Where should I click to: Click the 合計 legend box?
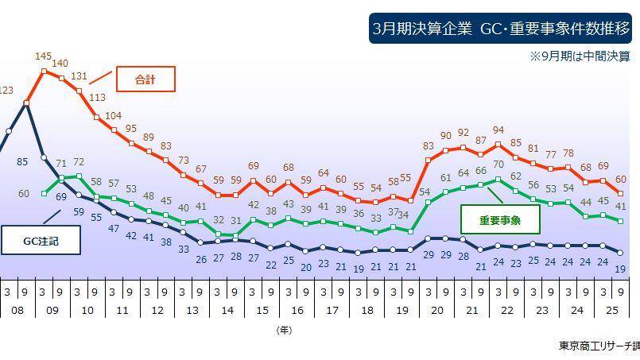[x=145, y=79]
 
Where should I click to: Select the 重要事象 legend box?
[x=500, y=219]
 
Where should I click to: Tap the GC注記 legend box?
[x=41, y=241]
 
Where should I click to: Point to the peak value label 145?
[x=44, y=56]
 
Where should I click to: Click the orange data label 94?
[x=498, y=130]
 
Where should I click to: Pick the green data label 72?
[x=79, y=162]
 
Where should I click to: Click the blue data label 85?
[x=22, y=162]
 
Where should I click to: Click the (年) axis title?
[x=284, y=329]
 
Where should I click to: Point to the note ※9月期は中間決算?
[x=580, y=56]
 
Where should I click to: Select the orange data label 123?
[x=6, y=91]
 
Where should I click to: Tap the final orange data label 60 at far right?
[x=621, y=180]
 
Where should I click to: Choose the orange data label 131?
[x=79, y=75]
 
